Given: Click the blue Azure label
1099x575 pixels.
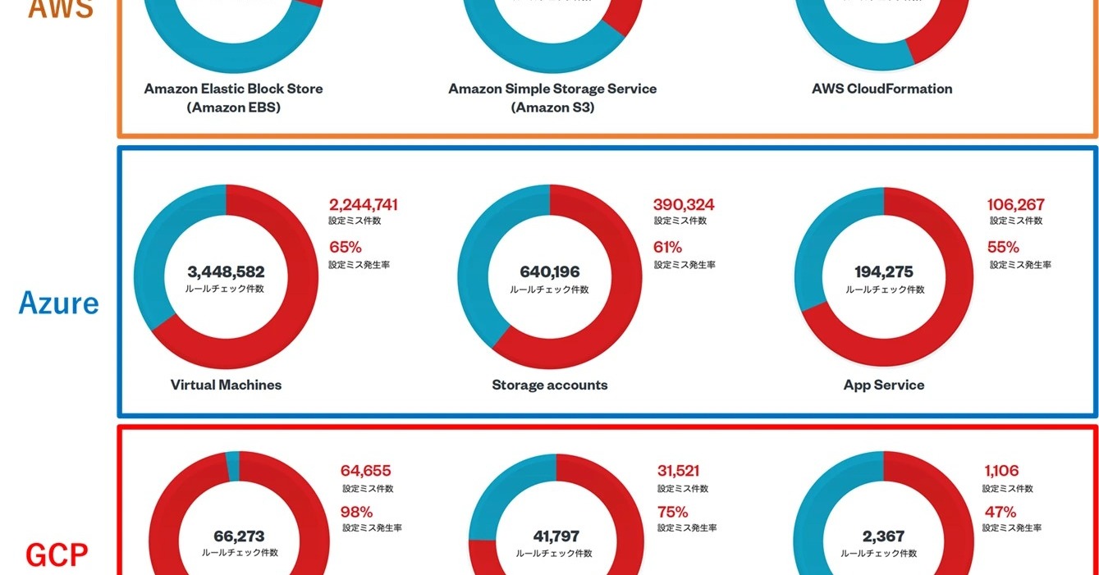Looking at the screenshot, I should (58, 303).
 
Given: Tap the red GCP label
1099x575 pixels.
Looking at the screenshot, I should (57, 555).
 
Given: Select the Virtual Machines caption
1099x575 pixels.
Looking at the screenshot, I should (226, 385).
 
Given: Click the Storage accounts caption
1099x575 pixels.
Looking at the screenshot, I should (550, 385).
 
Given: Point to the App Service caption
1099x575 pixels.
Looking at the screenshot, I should (884, 385).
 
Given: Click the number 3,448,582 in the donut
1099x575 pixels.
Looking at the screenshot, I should (226, 272).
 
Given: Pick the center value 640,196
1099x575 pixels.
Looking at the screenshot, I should (550, 272).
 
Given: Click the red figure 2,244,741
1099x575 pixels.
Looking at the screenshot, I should (364, 204).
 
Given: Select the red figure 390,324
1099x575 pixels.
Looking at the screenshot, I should (684, 204).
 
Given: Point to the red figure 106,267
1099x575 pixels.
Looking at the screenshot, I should (1015, 204).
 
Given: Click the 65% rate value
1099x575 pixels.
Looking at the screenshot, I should (346, 247).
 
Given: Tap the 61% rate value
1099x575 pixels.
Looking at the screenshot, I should (668, 247).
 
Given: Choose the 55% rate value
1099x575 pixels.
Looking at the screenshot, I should (1003, 247).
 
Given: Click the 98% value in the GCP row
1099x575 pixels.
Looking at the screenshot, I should (357, 512).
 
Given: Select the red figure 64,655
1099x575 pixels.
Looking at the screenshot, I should (366, 471).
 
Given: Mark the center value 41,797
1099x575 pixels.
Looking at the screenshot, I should (556, 536).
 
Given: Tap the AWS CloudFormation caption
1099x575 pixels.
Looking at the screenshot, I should (882, 89).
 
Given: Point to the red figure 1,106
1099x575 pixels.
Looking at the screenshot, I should (1001, 471).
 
